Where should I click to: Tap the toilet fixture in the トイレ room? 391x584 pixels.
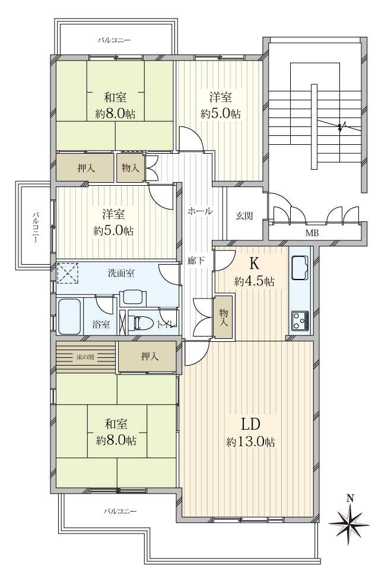click(141, 323)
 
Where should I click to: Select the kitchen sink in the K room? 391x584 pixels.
click(300, 268)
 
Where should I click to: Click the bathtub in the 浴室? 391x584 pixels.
click(69, 316)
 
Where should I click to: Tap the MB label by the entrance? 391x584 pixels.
click(311, 233)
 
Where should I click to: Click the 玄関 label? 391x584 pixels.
click(244, 215)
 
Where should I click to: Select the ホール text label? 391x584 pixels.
click(201, 211)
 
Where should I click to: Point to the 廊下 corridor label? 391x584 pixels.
click(196, 261)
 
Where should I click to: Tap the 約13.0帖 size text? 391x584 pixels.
click(251, 442)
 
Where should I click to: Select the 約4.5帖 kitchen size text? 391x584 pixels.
click(255, 281)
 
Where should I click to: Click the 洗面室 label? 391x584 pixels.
click(121, 273)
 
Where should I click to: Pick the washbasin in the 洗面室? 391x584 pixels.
click(133, 297)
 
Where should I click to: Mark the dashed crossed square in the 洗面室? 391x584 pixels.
click(68, 273)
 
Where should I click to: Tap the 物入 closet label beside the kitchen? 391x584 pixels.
click(224, 318)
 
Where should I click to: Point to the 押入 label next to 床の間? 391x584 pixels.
click(150, 357)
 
